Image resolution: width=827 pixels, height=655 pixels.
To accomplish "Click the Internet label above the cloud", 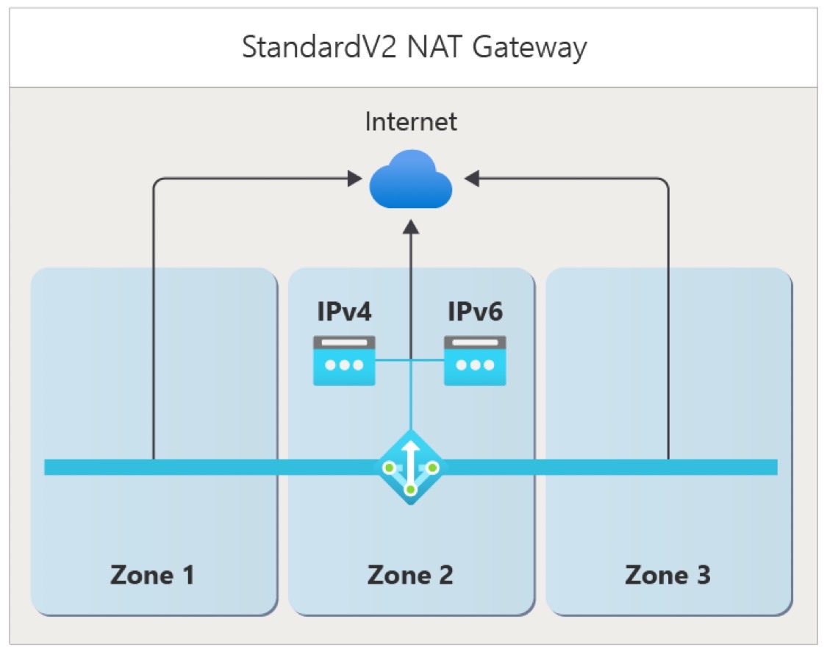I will (411, 121).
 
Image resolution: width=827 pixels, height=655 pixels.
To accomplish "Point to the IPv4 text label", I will (344, 312).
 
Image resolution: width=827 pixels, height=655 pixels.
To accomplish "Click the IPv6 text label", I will (475, 312).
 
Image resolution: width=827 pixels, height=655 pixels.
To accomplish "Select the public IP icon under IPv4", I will (344, 360).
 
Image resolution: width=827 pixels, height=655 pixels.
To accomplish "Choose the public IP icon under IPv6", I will (475, 360).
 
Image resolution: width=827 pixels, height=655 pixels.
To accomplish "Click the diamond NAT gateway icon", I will (411, 468).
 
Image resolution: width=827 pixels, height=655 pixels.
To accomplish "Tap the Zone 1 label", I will (153, 575).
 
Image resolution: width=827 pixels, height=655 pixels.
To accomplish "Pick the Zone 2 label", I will (410, 575).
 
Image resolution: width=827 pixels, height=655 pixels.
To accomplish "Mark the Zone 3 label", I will (667, 575).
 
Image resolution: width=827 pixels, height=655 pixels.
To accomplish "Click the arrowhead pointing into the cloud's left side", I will (354, 178).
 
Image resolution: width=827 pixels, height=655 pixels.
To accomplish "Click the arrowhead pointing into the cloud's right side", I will (471, 178).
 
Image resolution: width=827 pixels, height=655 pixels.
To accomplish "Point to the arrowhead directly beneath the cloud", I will (411, 228).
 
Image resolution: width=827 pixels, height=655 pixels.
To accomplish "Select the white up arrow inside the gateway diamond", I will (411, 456).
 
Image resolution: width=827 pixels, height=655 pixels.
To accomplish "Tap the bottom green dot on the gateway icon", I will (411, 489).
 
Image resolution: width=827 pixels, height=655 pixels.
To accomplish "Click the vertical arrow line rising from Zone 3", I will (668, 331).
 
